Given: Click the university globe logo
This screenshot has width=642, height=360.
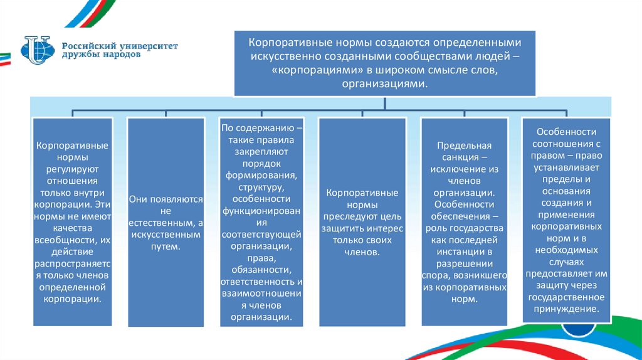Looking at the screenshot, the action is pyautogui.click(x=39, y=50).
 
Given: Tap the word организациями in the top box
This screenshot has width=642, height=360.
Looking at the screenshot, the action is pyautogui.click(x=384, y=84).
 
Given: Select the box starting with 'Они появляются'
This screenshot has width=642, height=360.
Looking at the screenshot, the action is pyautogui.click(x=166, y=222).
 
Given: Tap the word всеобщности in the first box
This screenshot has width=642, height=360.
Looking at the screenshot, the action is pyautogui.click(x=70, y=240).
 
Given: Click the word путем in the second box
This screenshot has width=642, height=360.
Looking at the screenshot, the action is pyautogui.click(x=166, y=246).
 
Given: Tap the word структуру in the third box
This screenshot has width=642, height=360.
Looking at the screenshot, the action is pyautogui.click(x=260, y=187).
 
